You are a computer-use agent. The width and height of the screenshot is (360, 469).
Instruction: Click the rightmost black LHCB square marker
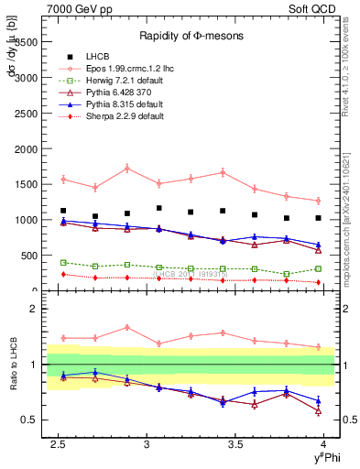point(318,218)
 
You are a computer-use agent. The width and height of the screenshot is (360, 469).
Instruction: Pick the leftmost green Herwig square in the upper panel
point(63,262)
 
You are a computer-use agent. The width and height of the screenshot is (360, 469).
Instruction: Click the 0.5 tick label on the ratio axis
point(28,420)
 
